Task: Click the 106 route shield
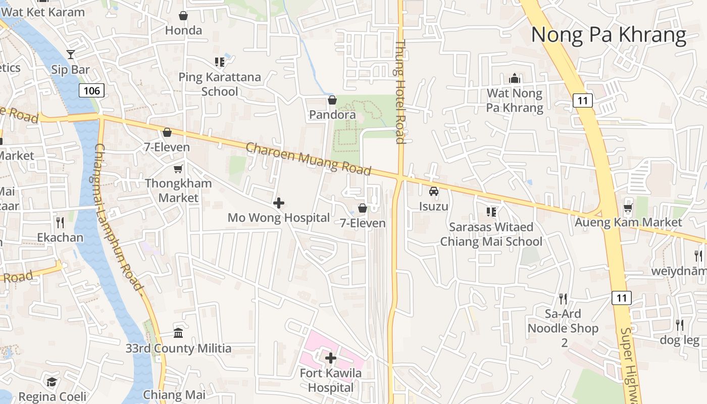point(91,90)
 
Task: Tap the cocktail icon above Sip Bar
point(70,54)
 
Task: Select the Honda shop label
point(183,30)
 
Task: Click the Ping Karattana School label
point(220,84)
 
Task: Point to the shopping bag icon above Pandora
point(332,100)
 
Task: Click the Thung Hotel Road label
point(400,92)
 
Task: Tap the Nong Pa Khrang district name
point(609,35)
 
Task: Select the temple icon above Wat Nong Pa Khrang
point(515,78)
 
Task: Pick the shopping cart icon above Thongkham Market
point(178,169)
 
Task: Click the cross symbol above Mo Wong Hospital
point(278,203)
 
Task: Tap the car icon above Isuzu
point(434,191)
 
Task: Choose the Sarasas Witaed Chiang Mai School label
point(491,234)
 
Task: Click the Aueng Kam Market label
point(628,222)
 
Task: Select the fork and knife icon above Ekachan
point(60,222)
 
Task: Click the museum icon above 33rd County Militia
point(178,333)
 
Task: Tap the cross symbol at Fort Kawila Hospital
point(331,358)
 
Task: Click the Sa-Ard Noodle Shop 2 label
point(563,328)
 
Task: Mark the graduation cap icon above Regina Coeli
point(52,382)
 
